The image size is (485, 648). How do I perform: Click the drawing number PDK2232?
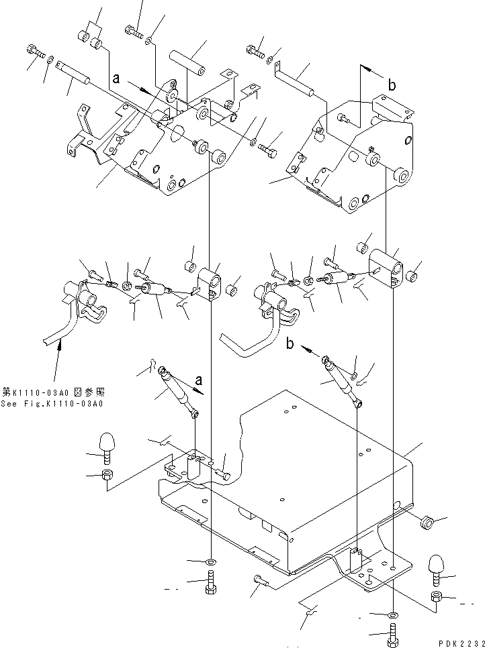click(x=458, y=643)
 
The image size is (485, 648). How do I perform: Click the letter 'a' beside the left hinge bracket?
click(x=117, y=78)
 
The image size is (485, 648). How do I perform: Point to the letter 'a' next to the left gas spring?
click(x=198, y=381)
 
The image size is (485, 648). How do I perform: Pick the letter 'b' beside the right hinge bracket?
click(x=392, y=85)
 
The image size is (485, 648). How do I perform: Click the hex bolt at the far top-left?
click(x=36, y=50)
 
